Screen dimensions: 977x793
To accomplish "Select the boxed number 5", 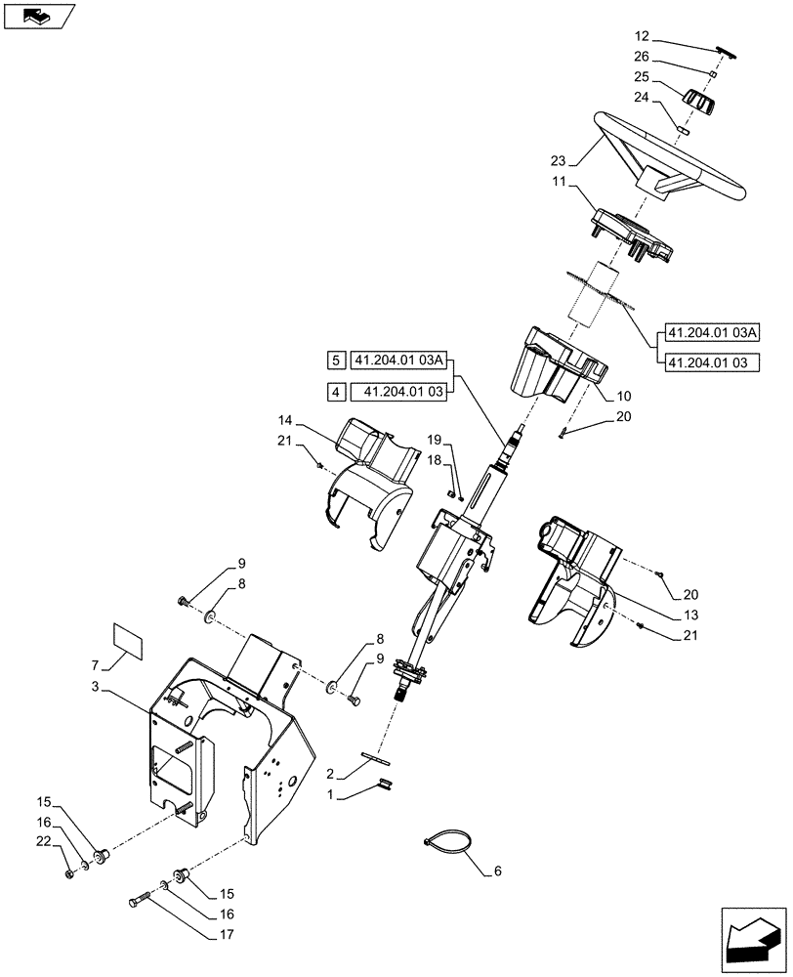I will point(335,361).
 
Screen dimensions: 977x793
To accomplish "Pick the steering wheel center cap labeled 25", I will point(698,101).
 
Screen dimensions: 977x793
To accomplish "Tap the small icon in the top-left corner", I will point(39,16).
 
